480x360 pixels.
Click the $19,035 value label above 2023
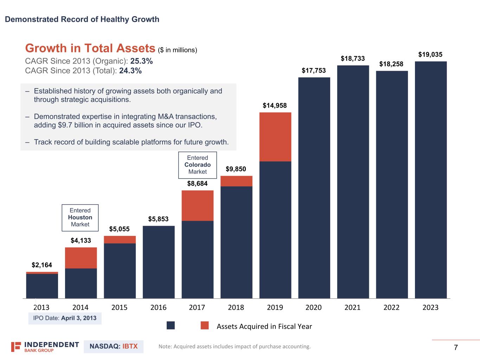pos(430,54)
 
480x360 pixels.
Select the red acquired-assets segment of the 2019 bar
pos(275,137)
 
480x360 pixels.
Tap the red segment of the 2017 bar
pos(197,205)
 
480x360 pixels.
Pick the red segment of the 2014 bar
pos(81,258)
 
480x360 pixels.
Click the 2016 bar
pos(159,262)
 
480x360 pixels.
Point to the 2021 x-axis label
pos(352,308)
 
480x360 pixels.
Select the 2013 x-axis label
pos(41,308)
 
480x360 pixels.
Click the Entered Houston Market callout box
pos(80,218)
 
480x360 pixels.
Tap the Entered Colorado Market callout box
pos(198,165)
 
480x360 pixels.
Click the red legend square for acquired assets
pos(205,326)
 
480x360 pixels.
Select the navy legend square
pos(171,326)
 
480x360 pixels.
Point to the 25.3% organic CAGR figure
pos(141,61)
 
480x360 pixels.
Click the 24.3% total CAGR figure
pos(130,71)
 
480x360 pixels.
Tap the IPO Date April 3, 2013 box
pos(65,318)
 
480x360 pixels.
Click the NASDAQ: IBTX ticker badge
pos(114,347)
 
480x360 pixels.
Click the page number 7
pos(456,348)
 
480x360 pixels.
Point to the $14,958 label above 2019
pos(275,105)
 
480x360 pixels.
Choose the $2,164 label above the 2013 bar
pos(42,265)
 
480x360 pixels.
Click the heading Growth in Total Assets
pos(90,49)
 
